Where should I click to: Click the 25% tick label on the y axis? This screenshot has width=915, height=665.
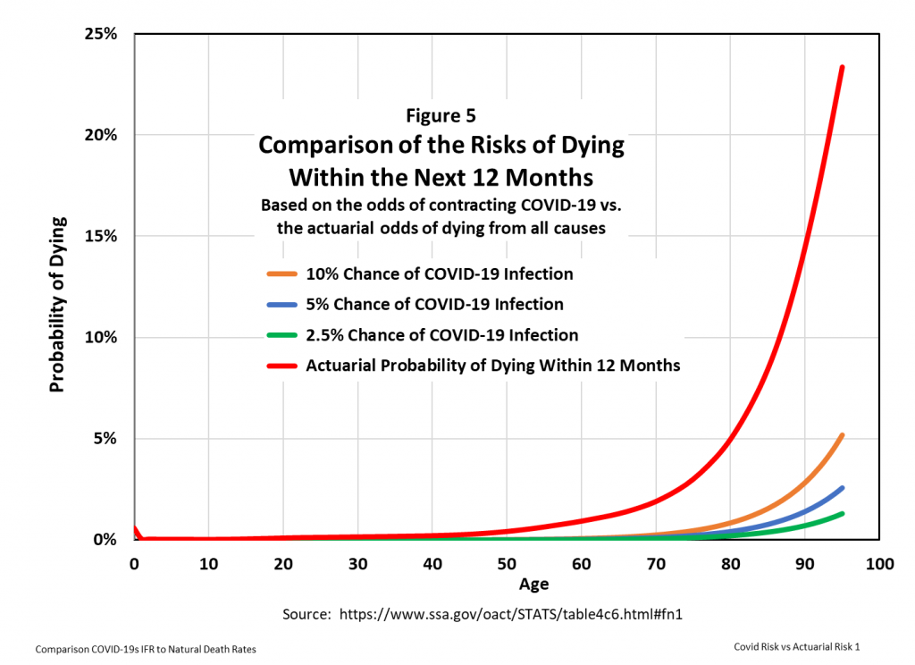(x=101, y=35)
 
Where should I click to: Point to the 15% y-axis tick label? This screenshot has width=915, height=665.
(x=101, y=237)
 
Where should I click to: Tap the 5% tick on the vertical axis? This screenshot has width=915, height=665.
(x=105, y=439)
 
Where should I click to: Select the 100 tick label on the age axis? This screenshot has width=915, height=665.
(x=879, y=564)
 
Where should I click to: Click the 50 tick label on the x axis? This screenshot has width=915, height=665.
(x=507, y=564)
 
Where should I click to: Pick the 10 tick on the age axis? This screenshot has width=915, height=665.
(x=208, y=564)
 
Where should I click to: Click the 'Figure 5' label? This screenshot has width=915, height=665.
(x=441, y=115)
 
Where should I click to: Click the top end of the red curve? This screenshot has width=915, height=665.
(x=842, y=67)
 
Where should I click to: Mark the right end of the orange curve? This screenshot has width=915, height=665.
(x=842, y=435)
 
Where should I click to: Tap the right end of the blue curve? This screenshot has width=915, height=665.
(x=842, y=488)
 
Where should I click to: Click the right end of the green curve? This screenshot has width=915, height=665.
(x=842, y=513)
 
